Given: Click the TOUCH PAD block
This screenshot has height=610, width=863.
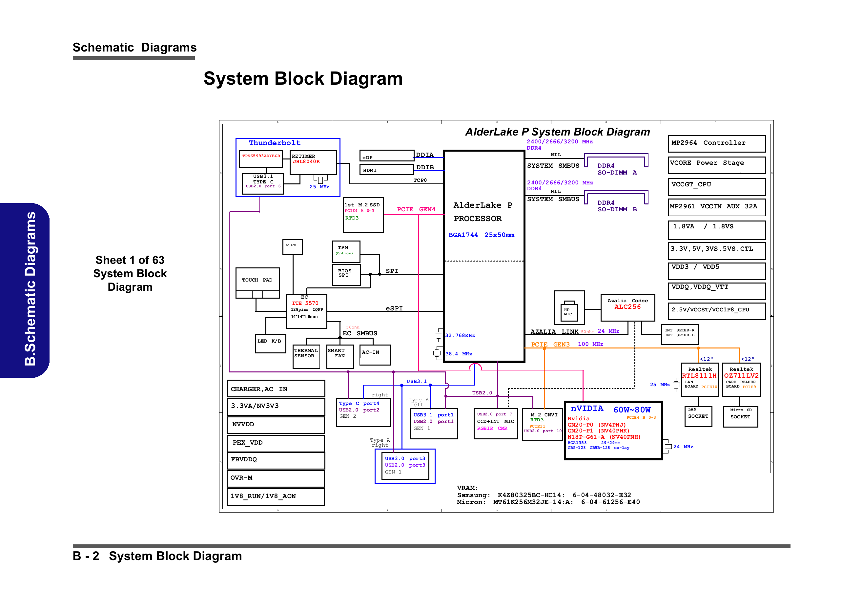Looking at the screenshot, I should click(x=257, y=283).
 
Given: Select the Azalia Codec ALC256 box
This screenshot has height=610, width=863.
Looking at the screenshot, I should click(x=627, y=307).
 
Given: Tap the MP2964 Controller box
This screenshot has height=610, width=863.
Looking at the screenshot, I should click(x=716, y=143).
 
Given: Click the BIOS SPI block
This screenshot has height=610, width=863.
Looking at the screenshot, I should click(x=346, y=275).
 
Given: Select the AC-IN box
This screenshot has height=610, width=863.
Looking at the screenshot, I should click(x=374, y=355).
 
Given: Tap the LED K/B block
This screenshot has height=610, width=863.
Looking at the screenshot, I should click(x=270, y=343).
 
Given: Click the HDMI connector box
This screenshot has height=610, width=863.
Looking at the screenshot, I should click(x=386, y=170).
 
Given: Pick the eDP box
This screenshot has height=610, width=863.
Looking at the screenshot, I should click(x=386, y=156).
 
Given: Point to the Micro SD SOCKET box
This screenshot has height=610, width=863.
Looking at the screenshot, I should click(x=740, y=416).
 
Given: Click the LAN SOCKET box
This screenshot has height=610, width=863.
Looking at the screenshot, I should click(x=698, y=416).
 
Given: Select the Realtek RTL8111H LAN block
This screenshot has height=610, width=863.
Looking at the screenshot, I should click(x=700, y=379).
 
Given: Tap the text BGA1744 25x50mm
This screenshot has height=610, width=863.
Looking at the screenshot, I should click(x=481, y=235).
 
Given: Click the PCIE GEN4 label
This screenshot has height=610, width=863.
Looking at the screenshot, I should click(x=416, y=209).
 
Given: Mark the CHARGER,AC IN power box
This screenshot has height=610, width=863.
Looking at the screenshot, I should click(x=276, y=389).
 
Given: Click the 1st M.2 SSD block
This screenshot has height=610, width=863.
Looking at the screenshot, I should click(x=363, y=215).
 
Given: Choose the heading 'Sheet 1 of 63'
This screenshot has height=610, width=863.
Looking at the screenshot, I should click(x=130, y=260).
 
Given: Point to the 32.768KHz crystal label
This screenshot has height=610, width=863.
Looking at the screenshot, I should click(x=460, y=335).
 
